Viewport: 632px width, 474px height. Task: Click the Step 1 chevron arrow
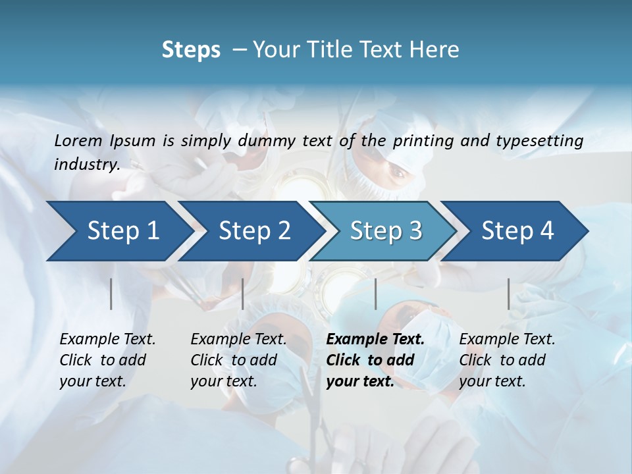pos(118,231)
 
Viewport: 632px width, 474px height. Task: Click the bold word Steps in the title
pos(191,50)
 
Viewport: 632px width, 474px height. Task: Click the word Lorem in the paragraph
pos(78,140)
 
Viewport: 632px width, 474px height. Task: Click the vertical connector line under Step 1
pos(111,294)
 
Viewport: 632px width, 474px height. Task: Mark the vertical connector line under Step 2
pos(243,294)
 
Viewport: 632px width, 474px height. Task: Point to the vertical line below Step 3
pos(375,294)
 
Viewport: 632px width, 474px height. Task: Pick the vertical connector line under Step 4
pos(509,294)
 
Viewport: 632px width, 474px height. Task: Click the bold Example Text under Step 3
pos(375,340)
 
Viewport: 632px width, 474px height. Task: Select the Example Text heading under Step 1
pos(107,340)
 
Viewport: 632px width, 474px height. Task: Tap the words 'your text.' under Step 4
pos(492,381)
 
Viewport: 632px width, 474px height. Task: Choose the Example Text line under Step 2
pos(238,340)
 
